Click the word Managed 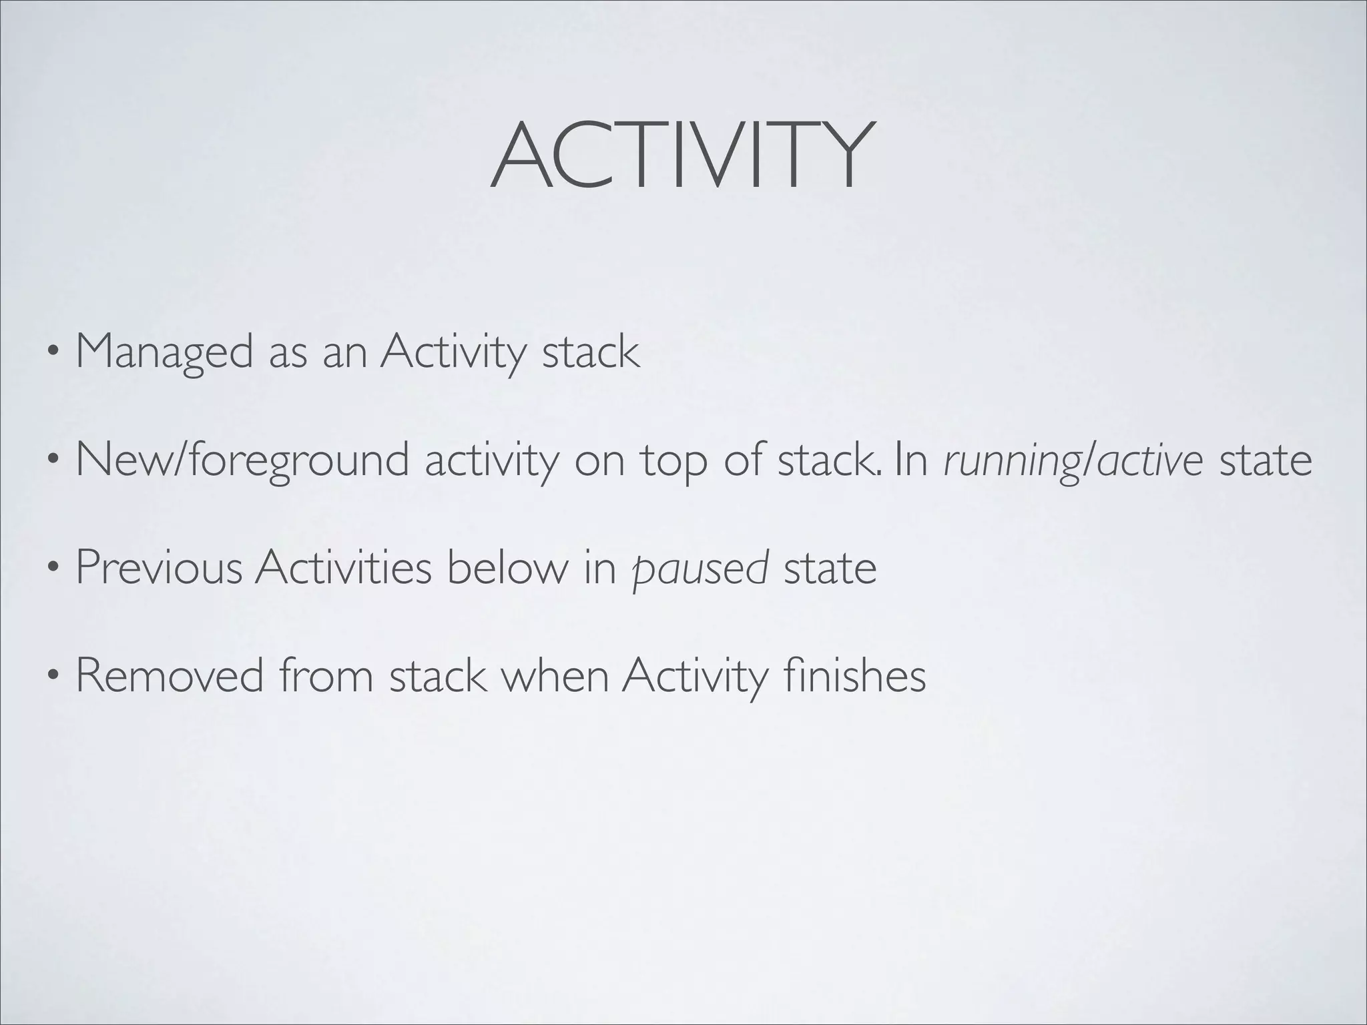click(x=164, y=352)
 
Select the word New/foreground click(x=242, y=460)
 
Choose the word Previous click(x=159, y=568)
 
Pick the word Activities click(x=343, y=568)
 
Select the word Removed click(x=170, y=676)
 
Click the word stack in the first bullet click(x=591, y=352)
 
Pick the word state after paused click(x=830, y=568)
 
